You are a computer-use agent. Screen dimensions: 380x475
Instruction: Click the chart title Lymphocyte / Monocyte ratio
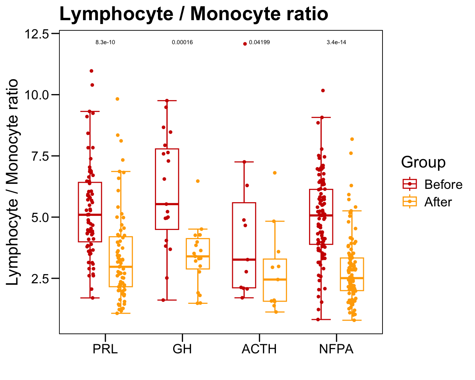coord(194,14)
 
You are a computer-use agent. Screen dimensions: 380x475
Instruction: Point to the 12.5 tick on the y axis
coord(37,34)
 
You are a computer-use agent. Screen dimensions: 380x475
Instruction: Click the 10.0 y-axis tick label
coord(37,95)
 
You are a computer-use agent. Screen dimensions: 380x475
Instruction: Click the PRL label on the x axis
coord(105,349)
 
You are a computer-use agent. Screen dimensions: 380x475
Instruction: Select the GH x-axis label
coord(182,349)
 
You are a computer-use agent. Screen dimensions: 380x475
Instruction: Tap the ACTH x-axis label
coord(259,349)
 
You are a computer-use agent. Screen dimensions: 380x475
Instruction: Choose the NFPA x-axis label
coord(336,349)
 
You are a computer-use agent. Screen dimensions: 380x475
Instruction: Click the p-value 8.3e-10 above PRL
coord(105,42)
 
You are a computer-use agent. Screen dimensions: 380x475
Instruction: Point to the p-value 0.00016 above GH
coord(182,42)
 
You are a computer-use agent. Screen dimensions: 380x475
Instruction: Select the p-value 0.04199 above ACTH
coord(260,42)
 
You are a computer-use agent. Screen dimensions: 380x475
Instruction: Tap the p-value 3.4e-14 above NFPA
coord(336,42)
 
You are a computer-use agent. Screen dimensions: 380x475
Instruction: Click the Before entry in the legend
coord(443,185)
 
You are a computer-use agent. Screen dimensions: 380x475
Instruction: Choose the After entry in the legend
coord(438,202)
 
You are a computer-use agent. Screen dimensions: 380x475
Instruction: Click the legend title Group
coord(423,162)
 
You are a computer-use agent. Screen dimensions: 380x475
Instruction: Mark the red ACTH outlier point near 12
coord(245,44)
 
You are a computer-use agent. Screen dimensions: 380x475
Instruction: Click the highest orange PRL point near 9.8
coord(118,99)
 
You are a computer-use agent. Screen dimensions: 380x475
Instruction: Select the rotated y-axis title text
coord(13,182)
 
